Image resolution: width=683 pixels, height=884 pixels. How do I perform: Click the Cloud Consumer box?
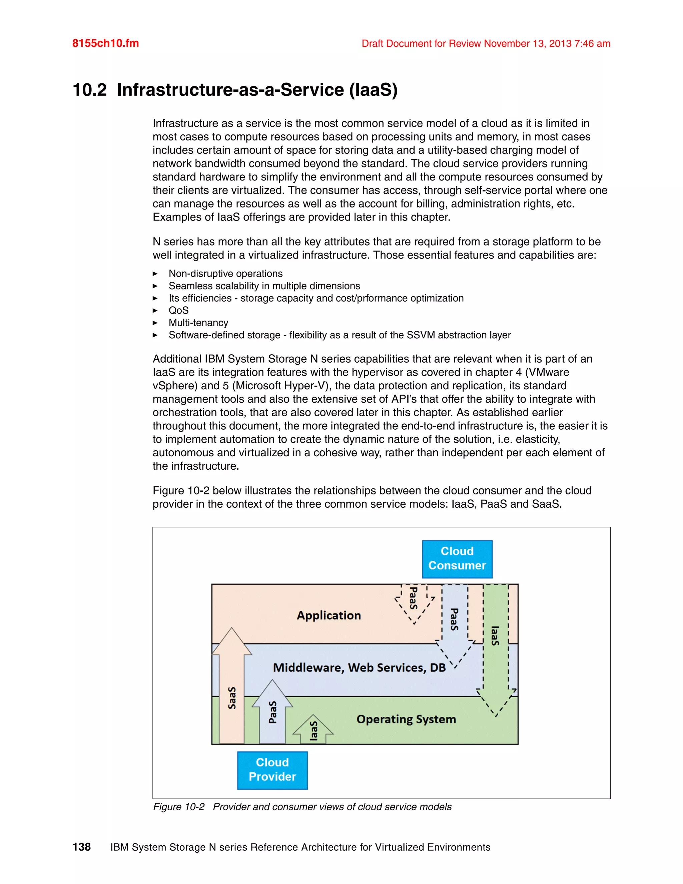tap(457, 559)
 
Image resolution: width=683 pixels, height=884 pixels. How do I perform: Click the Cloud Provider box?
tap(272, 770)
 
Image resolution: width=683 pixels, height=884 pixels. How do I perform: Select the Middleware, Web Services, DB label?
tap(359, 668)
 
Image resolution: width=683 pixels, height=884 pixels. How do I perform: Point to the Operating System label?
tap(406, 719)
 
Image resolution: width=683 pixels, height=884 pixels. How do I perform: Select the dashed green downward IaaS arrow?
tap(496, 643)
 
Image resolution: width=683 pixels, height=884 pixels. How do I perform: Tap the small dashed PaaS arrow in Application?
tap(414, 601)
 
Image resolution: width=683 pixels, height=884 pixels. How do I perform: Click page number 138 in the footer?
tap(81, 847)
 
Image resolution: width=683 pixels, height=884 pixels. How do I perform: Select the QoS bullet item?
tap(178, 311)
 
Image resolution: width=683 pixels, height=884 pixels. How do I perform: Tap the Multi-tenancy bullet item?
tap(198, 323)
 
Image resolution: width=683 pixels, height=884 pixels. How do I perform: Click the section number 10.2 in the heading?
tap(89, 90)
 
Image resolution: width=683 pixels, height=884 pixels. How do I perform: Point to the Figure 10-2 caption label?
tap(178, 807)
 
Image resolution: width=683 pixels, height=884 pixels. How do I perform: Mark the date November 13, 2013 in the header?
tap(527, 44)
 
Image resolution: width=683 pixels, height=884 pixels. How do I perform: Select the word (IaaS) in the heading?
tap(374, 90)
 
